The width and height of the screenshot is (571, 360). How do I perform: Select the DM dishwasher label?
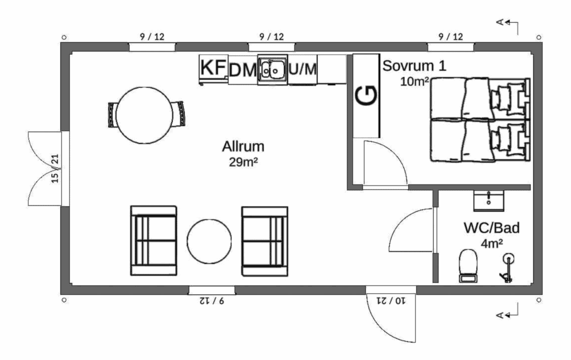[x=243, y=70]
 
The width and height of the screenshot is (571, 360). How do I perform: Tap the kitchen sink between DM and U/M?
[x=272, y=69]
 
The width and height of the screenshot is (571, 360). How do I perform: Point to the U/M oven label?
[x=303, y=69]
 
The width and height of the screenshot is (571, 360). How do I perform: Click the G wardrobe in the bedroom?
[x=366, y=96]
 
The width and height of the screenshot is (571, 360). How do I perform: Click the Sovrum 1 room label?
[x=414, y=66]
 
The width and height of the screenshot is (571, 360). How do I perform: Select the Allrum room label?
[x=243, y=147]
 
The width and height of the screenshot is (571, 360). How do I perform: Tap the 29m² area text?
[x=243, y=162]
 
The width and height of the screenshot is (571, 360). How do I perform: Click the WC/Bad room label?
[x=491, y=228]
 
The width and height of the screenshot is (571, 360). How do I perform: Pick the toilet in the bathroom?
[x=468, y=266]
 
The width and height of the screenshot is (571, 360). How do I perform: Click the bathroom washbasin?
[x=488, y=201]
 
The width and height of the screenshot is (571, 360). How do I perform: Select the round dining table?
[x=144, y=115]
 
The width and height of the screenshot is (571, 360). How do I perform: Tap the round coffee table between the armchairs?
[x=209, y=241]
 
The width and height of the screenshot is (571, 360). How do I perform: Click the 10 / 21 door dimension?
[x=391, y=301]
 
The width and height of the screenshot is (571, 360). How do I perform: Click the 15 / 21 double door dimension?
[x=55, y=168]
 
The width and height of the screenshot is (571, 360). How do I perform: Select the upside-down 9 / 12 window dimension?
[x=211, y=301]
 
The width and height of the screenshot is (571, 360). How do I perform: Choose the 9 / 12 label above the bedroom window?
[x=451, y=37]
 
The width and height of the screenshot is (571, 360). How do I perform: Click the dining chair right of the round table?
[x=178, y=114]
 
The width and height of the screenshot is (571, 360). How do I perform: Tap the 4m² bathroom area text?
[x=492, y=244]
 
